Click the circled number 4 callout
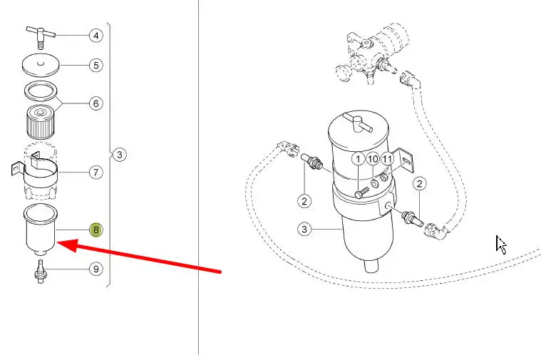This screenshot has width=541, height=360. point(96,36)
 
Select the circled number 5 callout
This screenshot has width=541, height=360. point(96,66)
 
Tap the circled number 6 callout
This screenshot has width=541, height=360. point(96,103)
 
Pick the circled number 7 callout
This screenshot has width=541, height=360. point(96,173)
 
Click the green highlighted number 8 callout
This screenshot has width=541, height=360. point(96,230)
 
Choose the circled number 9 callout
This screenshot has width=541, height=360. point(96,269)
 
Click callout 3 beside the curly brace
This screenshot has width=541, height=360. point(119,154)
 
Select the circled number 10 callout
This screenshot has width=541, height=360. point(373,159)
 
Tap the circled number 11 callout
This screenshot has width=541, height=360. point(387,159)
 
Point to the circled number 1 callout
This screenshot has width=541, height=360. point(358,159)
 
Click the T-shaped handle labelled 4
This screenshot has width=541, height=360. point(41,37)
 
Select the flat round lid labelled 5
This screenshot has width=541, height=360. point(41,65)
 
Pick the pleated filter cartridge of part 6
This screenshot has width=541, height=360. point(41,122)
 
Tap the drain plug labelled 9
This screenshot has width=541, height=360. point(41,272)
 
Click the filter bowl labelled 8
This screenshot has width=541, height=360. point(41,230)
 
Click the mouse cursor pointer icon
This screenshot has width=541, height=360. point(500,245)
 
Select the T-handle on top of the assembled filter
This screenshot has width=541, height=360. point(359,123)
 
